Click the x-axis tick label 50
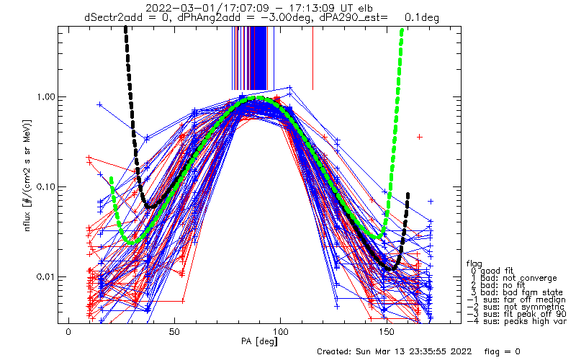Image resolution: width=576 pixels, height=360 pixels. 174,333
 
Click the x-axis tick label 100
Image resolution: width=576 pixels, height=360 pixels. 280,333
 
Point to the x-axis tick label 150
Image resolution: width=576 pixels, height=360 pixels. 387,333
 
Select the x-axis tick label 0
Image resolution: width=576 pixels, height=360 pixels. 68,333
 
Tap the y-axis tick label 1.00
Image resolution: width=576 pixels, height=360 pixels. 45,97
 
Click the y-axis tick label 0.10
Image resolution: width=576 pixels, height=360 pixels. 45,187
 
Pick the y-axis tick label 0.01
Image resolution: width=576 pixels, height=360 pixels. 45,276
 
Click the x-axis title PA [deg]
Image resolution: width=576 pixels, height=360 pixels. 259,341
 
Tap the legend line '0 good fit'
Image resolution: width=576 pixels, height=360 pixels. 492,271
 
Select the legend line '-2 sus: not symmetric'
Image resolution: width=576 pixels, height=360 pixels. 516,307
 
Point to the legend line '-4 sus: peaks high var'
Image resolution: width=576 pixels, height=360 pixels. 516,321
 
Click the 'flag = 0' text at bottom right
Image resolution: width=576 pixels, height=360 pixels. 502,351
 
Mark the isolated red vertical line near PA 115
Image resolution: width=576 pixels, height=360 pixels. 312,58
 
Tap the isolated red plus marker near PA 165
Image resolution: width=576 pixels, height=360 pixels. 420,137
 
